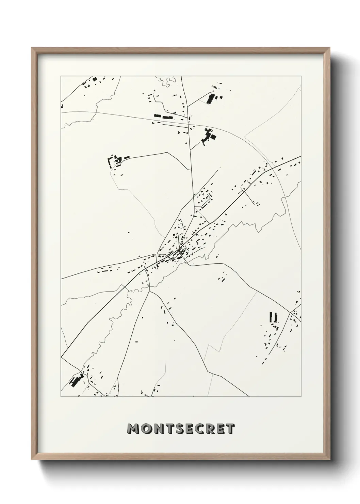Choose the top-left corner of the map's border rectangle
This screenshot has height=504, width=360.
(61, 76)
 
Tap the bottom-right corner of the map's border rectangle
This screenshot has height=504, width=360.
(301, 397)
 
